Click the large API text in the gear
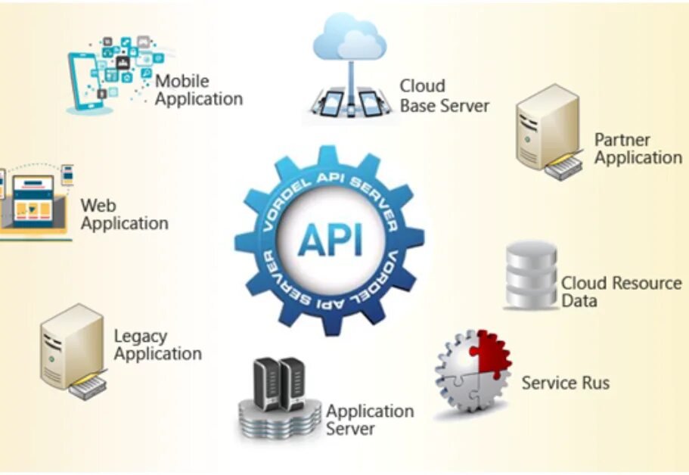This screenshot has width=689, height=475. [x=330, y=239]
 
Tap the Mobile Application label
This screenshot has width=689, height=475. [x=199, y=90]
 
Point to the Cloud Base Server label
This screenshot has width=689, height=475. [x=444, y=95]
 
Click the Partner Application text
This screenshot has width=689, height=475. [x=638, y=148]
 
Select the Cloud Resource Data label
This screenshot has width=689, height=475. [x=621, y=292]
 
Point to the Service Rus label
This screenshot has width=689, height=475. [x=565, y=383]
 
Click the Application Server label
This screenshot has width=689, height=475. [x=370, y=420]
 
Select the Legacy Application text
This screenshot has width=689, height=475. [x=157, y=345]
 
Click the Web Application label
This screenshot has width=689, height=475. [x=124, y=214]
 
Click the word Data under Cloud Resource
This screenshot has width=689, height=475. [x=579, y=301]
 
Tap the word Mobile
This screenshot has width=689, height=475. [x=182, y=81]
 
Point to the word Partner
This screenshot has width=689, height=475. [x=622, y=139]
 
